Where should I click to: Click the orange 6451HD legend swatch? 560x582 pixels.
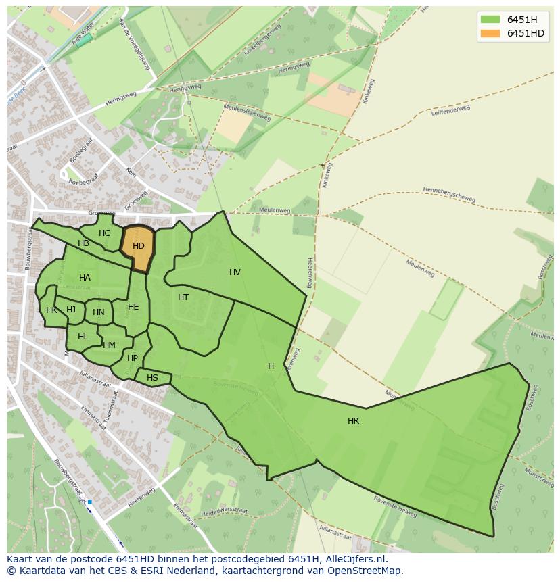[x=490, y=33]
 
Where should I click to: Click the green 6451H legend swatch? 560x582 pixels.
[x=490, y=19]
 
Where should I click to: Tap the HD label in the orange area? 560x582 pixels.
[x=139, y=246]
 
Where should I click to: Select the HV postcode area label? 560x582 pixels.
[x=235, y=272]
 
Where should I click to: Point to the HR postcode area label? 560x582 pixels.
[x=353, y=421]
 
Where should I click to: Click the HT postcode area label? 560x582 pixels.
[x=183, y=297]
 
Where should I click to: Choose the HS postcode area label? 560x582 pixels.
[x=152, y=378]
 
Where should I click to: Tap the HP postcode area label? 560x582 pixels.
[x=133, y=358]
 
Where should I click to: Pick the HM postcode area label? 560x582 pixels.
[x=109, y=345]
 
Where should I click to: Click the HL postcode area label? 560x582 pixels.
[x=83, y=337]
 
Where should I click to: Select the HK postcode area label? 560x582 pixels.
[x=51, y=310]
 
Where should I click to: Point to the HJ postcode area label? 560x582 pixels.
[x=71, y=310]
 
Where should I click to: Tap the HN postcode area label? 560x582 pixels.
[x=99, y=312]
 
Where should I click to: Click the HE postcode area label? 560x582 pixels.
[x=133, y=307]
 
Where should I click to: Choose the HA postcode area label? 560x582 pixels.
[x=85, y=278]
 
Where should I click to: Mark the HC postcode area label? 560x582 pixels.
[x=104, y=233]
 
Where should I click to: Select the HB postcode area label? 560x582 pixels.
[x=83, y=243]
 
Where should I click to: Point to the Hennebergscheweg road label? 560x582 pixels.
[x=448, y=194]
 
